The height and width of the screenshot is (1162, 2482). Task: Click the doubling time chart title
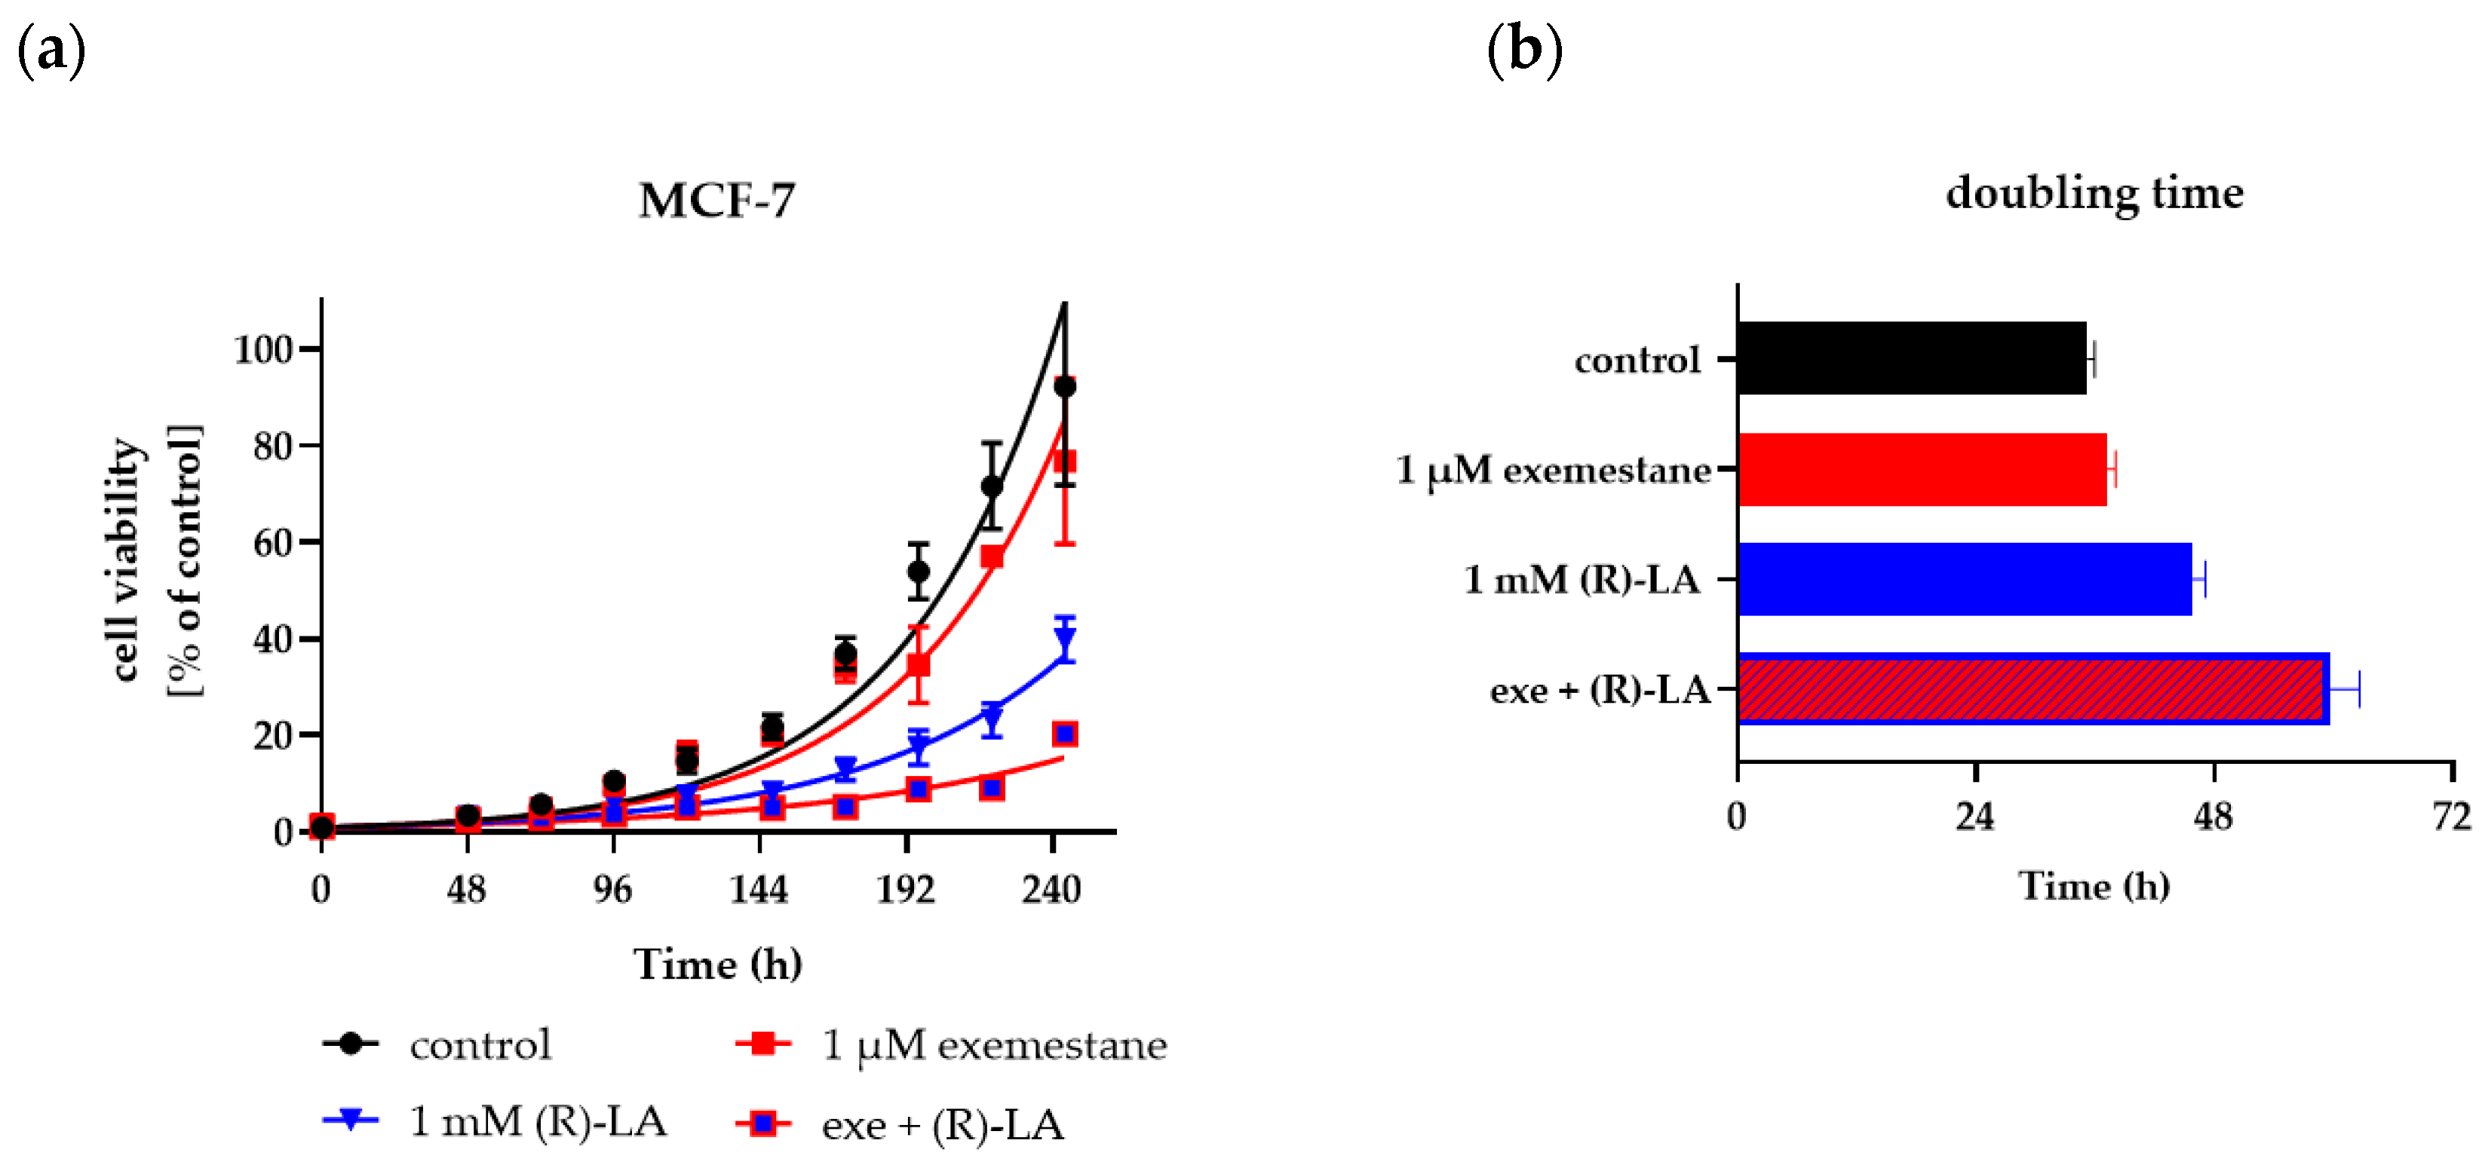(x=2094, y=193)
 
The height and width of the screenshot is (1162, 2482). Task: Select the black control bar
(x=1910, y=358)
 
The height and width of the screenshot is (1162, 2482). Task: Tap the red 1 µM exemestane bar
(x=1921, y=469)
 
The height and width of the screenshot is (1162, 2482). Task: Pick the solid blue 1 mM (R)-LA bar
(x=1964, y=579)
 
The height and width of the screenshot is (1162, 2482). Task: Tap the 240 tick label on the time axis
(x=1051, y=888)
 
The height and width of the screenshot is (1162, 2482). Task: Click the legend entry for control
(x=480, y=1044)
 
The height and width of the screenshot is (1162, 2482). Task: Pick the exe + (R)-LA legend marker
(x=763, y=1124)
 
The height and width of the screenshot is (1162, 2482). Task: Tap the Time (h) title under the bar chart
(x=2094, y=887)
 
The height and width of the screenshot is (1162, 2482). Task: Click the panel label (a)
(x=52, y=50)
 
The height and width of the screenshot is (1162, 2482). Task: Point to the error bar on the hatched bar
(x=2344, y=689)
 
